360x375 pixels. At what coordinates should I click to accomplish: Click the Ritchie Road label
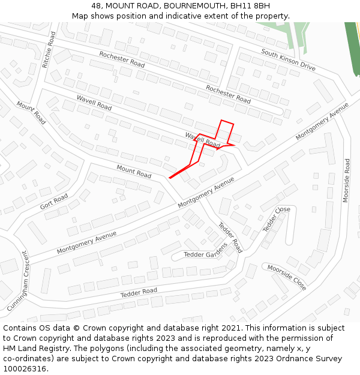49,50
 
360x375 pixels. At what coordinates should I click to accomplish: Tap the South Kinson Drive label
289,61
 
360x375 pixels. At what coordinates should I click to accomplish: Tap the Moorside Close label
287,277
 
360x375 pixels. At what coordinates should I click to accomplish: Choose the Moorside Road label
346,181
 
